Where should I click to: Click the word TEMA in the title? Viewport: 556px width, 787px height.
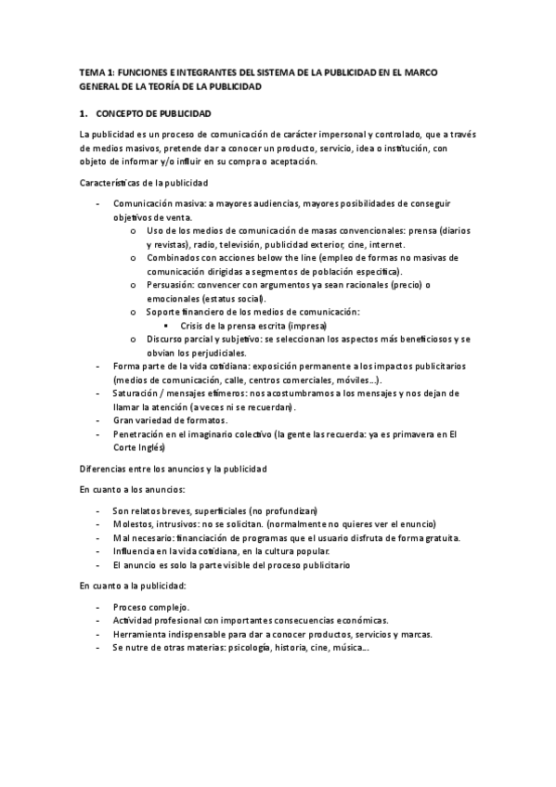click(92, 70)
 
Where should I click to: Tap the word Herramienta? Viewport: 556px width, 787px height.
click(144, 635)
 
